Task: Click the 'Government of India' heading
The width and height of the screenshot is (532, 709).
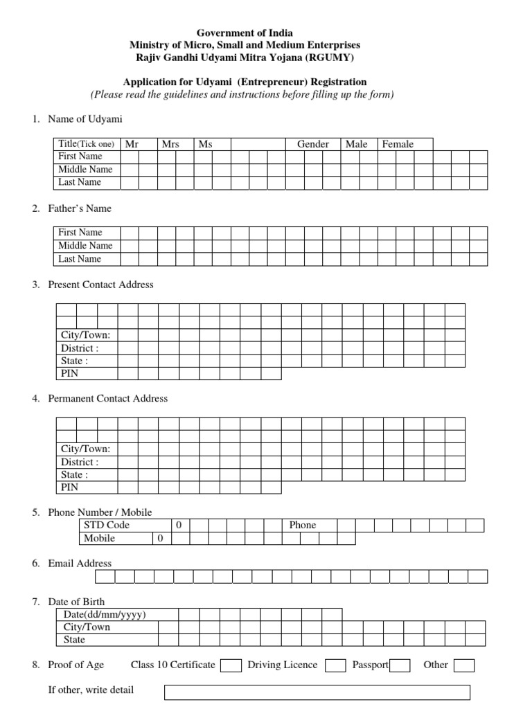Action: [245, 33]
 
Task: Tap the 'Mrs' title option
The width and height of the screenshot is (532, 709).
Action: [170, 144]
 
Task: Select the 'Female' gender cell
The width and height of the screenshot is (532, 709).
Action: [398, 144]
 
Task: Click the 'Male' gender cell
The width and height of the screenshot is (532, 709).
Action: [357, 144]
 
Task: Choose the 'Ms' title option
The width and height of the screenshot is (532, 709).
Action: [206, 144]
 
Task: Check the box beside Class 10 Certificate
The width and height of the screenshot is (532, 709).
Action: [231, 665]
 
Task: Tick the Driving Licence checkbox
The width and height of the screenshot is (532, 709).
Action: [336, 665]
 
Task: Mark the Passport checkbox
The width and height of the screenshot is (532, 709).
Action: [400, 665]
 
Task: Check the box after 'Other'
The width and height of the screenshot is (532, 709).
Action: [464, 665]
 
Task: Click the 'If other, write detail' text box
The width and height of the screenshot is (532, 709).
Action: [317, 692]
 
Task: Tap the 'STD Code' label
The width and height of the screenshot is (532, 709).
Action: [107, 525]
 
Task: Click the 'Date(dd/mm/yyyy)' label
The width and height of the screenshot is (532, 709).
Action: [105, 614]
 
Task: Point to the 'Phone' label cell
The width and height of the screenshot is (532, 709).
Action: [303, 525]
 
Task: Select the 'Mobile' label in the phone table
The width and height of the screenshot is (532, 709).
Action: [100, 538]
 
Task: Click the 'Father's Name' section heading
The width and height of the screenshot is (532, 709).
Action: [79, 208]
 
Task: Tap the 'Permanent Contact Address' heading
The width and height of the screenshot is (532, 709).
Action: [107, 398]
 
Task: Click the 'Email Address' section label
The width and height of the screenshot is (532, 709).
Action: [80, 564]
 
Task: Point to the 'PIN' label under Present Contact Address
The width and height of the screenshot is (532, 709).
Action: [70, 374]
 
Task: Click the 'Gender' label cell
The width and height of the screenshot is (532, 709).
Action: [313, 144]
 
